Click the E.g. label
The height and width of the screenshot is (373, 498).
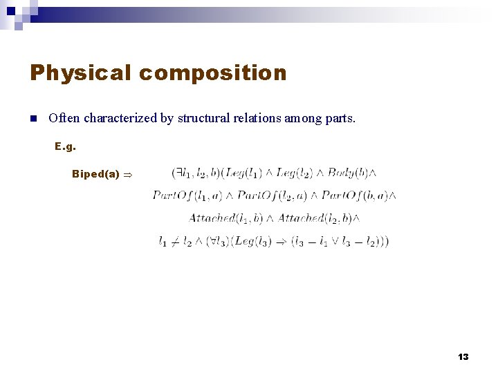click(x=65, y=146)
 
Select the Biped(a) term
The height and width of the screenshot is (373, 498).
click(x=95, y=174)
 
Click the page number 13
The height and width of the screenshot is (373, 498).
click(x=463, y=356)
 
